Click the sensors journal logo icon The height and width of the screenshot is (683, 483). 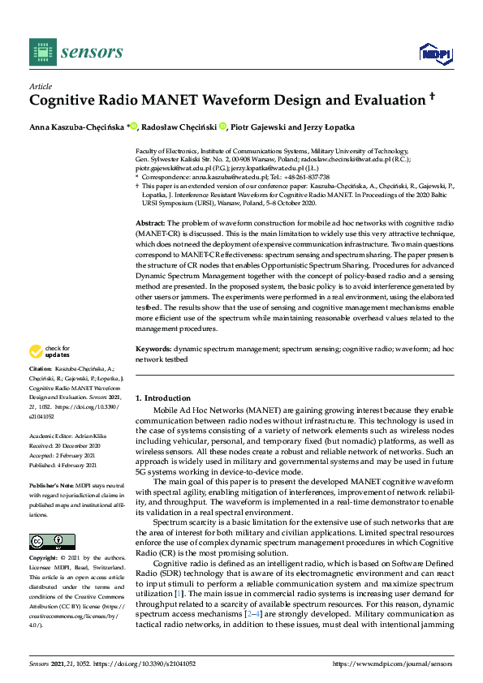[41, 52]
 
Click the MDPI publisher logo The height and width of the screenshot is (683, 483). [434, 53]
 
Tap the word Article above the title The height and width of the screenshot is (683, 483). [41, 86]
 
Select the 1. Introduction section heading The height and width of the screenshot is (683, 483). [163, 398]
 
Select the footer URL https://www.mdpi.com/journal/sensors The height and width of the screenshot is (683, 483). [393, 664]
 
